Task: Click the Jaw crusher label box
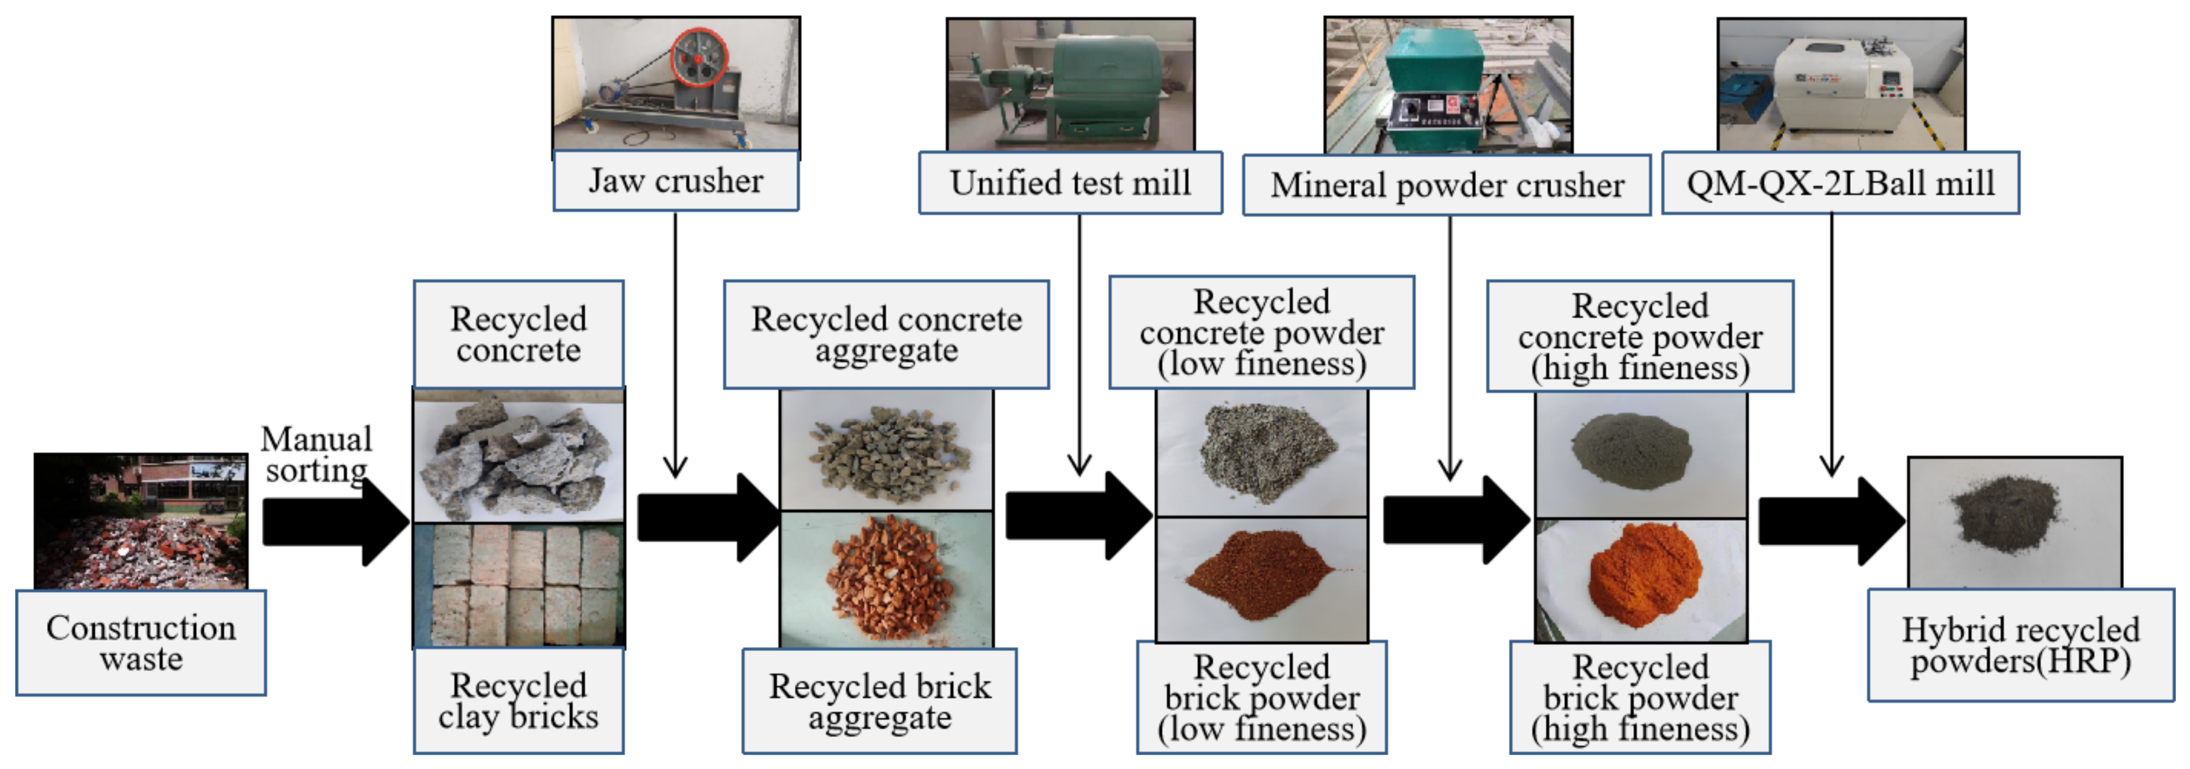(x=676, y=181)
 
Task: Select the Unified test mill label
(x=1070, y=183)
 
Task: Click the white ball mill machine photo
(x=1841, y=85)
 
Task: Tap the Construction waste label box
(x=141, y=643)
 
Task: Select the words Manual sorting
(x=316, y=454)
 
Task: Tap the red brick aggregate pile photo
(x=886, y=579)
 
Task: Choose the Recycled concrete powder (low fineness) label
(x=1262, y=333)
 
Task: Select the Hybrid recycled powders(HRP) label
(x=2020, y=646)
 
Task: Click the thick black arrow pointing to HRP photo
(x=1828, y=520)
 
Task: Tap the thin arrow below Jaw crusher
(x=675, y=340)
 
